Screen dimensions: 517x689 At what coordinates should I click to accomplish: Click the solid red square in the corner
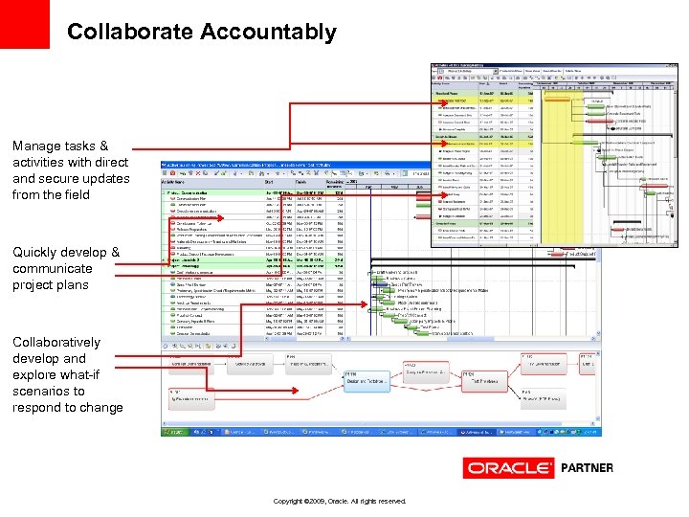[24, 24]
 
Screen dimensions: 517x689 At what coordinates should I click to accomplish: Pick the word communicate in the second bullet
[53, 268]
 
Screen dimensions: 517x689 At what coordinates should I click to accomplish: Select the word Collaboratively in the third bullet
[56, 342]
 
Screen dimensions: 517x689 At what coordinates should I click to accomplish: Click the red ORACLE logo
[508, 468]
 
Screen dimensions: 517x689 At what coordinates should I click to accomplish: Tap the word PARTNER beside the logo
[587, 468]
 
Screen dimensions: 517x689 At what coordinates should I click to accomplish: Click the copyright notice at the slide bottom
[340, 501]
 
